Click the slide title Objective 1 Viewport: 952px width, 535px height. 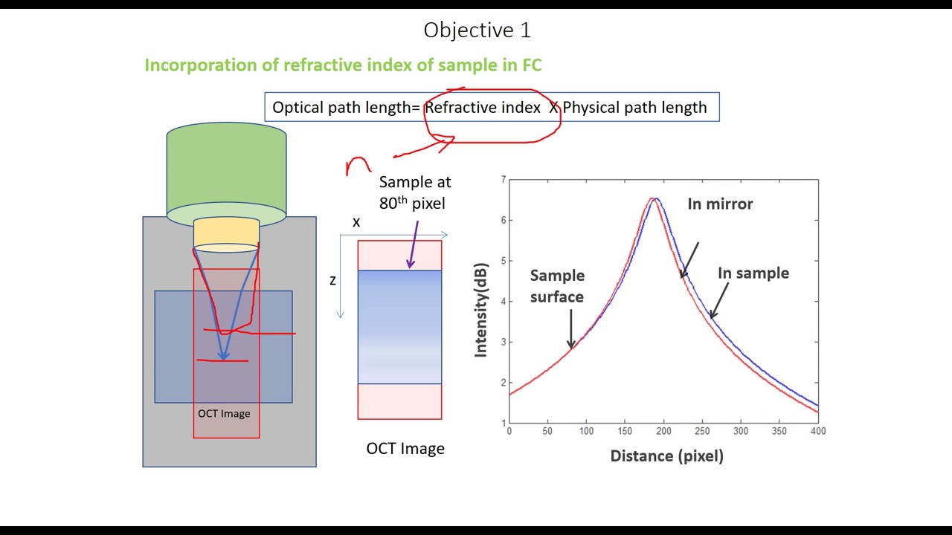[x=477, y=30]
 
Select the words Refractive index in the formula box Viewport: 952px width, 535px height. [x=482, y=108]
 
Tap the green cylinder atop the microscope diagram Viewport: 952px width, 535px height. [x=226, y=170]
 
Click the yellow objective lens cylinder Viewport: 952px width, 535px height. [x=226, y=232]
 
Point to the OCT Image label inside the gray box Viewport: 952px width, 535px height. [x=224, y=413]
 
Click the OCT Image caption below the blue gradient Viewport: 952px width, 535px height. [x=405, y=449]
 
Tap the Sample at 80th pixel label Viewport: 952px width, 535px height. [x=414, y=192]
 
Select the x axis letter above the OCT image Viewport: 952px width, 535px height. [x=356, y=222]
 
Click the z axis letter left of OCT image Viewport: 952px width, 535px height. [x=332, y=281]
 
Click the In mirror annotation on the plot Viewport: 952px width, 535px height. [x=720, y=204]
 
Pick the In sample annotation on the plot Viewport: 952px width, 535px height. [x=753, y=273]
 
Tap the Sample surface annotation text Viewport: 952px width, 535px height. [x=557, y=286]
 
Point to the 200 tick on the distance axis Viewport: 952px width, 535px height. [x=663, y=431]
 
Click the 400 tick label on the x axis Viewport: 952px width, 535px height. [x=818, y=431]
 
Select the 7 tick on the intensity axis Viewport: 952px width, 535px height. [x=504, y=180]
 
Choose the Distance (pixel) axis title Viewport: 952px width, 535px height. [x=666, y=456]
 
